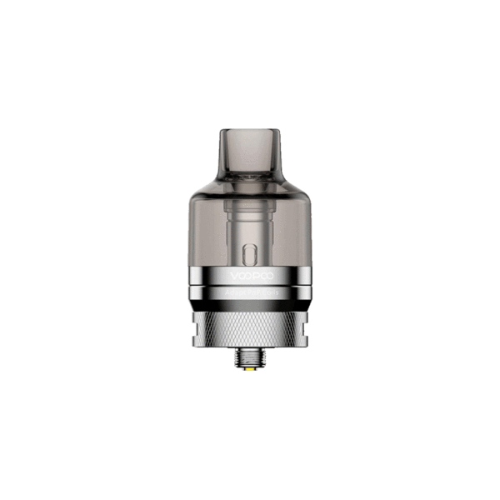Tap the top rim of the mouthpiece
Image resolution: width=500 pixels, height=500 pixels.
(250, 130)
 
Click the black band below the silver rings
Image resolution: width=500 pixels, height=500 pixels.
(250, 306)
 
